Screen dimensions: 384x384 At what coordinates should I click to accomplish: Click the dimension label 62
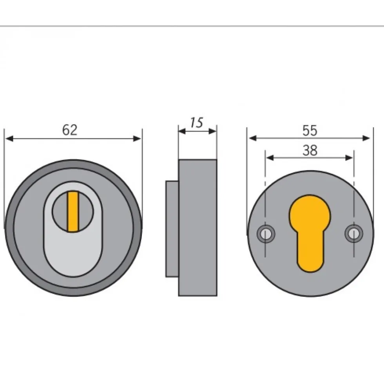[x=70, y=130]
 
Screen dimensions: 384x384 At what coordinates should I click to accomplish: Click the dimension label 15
[x=197, y=123]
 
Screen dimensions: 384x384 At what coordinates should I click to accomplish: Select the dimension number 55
[x=310, y=130]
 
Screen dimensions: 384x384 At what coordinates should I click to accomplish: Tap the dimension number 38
[x=310, y=150]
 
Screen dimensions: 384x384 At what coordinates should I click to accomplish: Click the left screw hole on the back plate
[x=266, y=234]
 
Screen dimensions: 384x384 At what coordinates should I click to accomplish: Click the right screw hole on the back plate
[x=354, y=234]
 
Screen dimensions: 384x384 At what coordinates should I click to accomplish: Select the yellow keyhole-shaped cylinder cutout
[x=310, y=233]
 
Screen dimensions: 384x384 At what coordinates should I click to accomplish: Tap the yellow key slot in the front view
[x=73, y=212]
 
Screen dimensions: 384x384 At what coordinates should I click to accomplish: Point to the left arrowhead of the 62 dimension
[x=9, y=139]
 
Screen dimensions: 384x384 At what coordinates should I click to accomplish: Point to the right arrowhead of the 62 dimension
[x=137, y=139]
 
